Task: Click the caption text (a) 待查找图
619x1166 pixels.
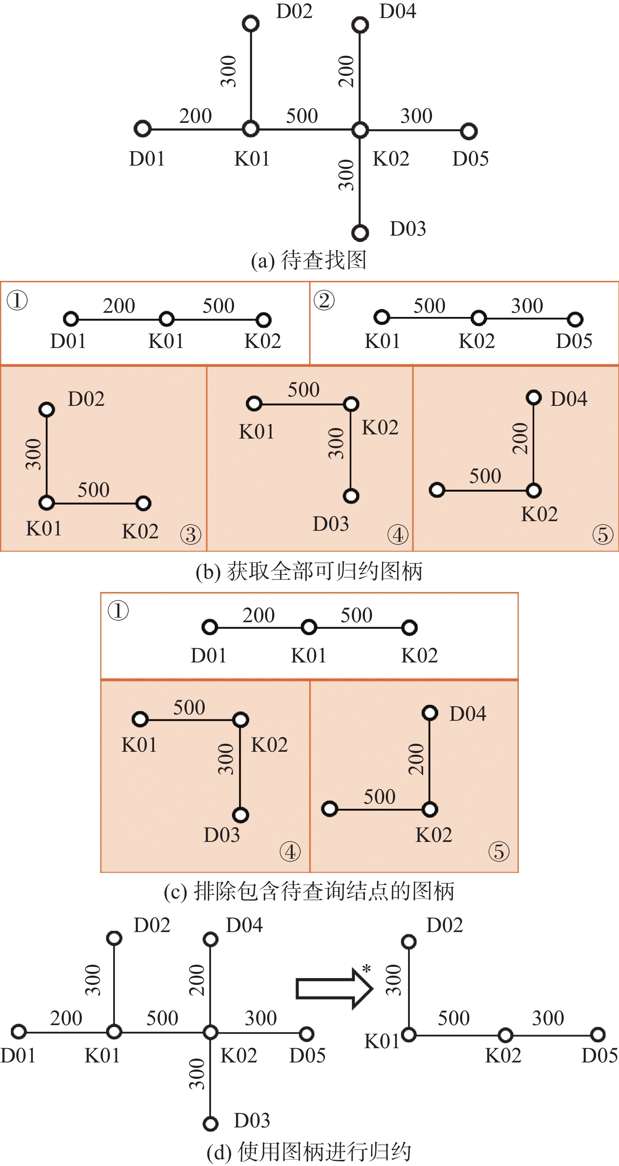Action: tap(309, 260)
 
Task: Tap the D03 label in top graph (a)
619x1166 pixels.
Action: tap(408, 229)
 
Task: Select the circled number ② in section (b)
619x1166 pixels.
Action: tap(324, 301)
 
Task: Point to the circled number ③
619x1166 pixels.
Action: tap(191, 535)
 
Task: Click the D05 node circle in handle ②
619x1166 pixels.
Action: tap(575, 319)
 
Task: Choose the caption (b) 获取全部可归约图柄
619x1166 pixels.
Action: tap(309, 571)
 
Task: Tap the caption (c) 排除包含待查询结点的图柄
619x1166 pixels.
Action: tap(309, 891)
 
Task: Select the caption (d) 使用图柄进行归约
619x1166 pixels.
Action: tap(309, 1152)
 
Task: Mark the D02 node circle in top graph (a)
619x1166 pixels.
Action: tap(250, 23)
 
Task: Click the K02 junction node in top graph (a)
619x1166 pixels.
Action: tap(360, 130)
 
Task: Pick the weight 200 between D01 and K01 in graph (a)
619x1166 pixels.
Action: tap(195, 116)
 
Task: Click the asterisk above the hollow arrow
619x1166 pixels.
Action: tap(367, 969)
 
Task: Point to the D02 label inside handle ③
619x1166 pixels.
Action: tap(86, 399)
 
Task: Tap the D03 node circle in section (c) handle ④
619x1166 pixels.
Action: tap(240, 815)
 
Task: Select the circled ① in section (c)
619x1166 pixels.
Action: tap(118, 610)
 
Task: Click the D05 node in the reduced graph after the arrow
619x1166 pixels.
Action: tap(598, 1034)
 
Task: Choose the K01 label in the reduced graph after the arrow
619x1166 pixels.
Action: tap(381, 1041)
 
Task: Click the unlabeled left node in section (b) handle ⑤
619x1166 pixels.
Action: tap(437, 490)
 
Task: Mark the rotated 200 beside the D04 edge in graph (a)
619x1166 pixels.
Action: tap(346, 71)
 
